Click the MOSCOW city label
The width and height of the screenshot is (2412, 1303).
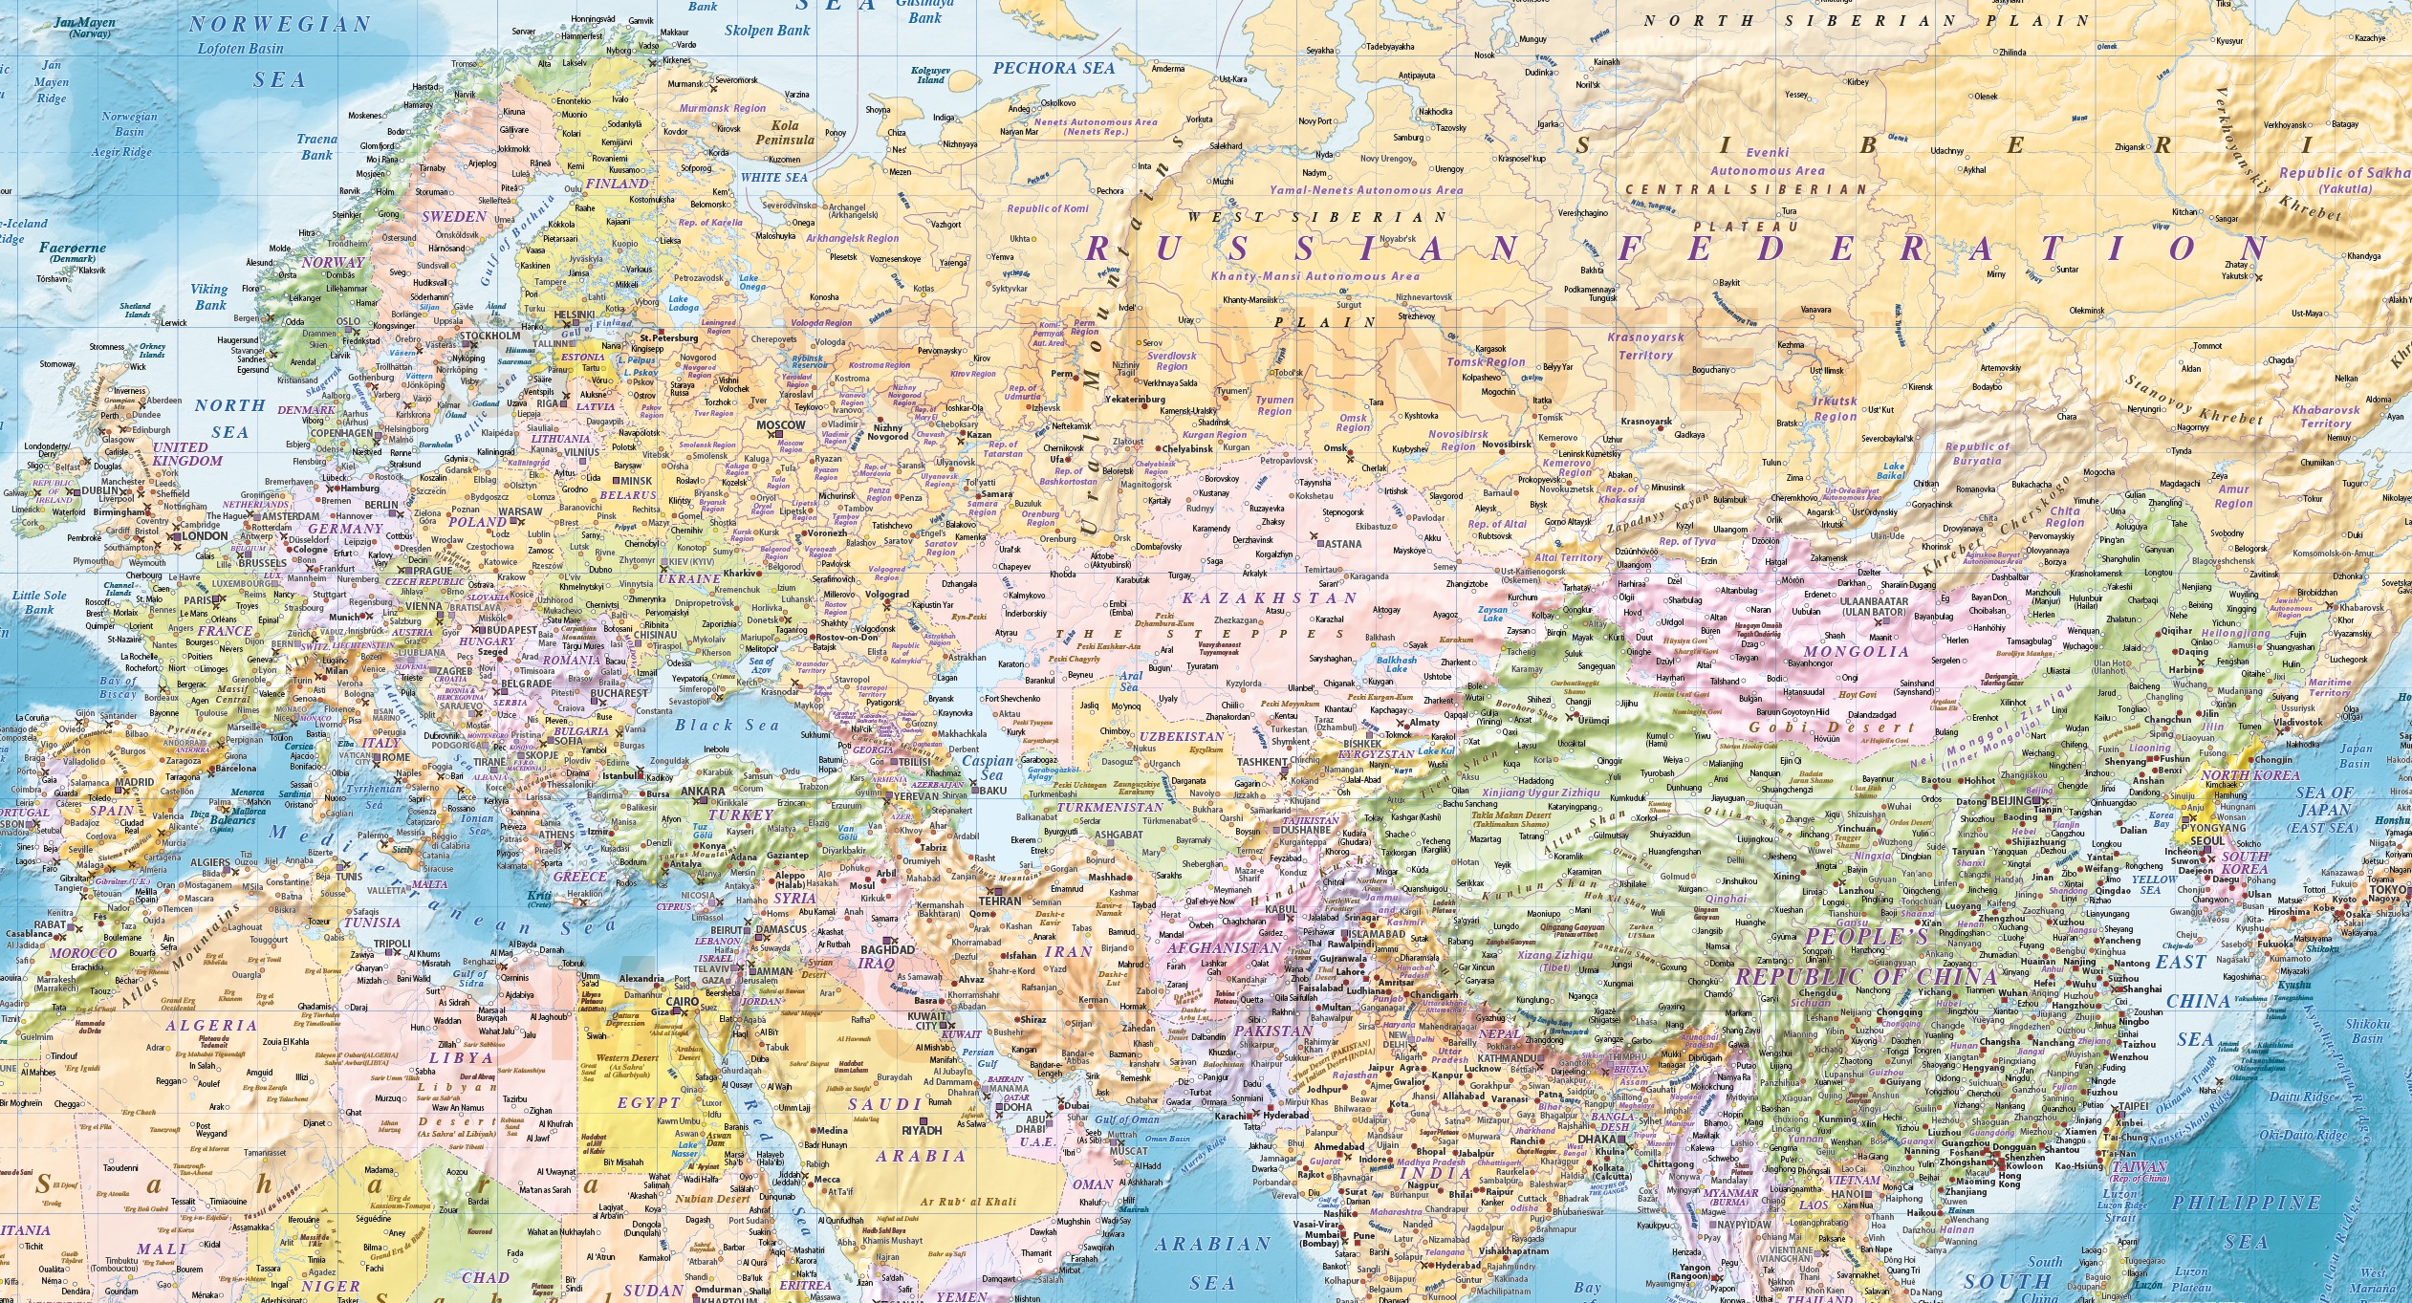point(780,425)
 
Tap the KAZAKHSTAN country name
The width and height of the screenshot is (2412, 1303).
point(1270,598)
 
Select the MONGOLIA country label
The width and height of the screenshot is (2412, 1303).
point(1856,652)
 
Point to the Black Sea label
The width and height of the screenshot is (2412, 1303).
point(728,725)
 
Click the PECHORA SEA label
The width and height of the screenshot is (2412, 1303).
point(1054,69)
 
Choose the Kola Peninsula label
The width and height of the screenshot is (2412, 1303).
point(785,132)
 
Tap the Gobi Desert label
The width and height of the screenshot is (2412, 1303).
point(1832,728)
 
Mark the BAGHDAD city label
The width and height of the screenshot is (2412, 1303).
point(887,950)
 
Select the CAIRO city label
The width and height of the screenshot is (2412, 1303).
point(683,1002)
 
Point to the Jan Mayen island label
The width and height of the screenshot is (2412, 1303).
point(84,23)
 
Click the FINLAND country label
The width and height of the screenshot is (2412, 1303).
point(617,184)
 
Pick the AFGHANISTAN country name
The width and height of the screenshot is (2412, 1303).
point(1224,948)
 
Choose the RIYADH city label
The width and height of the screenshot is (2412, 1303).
point(922,1130)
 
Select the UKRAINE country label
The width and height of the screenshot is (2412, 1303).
point(689,579)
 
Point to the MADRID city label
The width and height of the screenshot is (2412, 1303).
point(134,782)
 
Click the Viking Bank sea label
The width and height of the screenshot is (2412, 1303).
point(209,296)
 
